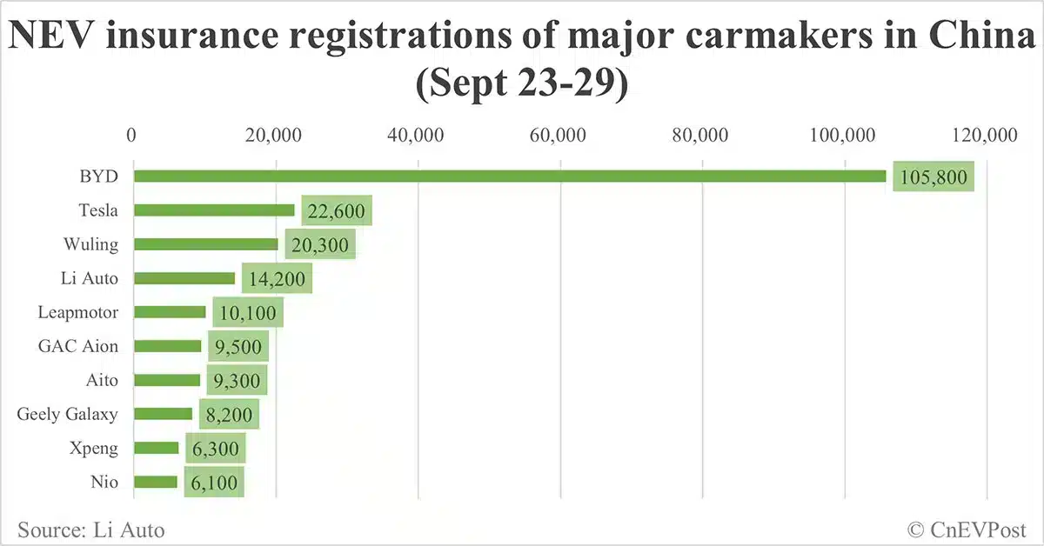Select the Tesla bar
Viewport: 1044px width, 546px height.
click(x=214, y=210)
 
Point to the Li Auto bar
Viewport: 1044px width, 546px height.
click(x=184, y=278)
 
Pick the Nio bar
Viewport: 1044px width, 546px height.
click(x=156, y=482)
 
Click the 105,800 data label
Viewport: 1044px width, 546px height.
click(x=933, y=176)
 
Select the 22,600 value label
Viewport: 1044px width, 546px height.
click(x=337, y=210)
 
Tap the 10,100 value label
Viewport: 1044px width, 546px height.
click(x=247, y=312)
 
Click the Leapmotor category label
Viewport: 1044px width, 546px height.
click(x=78, y=311)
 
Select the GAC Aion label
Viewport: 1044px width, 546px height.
click(x=78, y=346)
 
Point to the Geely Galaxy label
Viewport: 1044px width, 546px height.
click(x=67, y=414)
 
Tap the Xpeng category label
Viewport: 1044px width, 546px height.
click(x=96, y=448)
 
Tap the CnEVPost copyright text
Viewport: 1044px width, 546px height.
click(x=967, y=529)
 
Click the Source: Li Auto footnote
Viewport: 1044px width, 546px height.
click(x=90, y=529)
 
